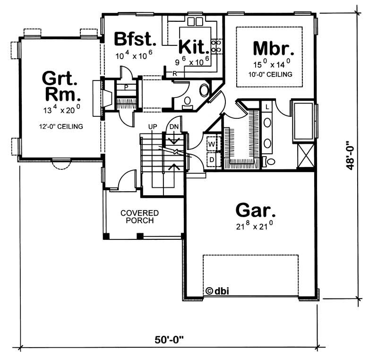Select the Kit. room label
(x=194, y=47)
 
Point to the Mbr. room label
(x=270, y=48)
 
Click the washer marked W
(x=211, y=142)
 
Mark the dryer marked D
(x=211, y=159)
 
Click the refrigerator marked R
(x=174, y=73)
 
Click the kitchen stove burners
(x=216, y=46)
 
